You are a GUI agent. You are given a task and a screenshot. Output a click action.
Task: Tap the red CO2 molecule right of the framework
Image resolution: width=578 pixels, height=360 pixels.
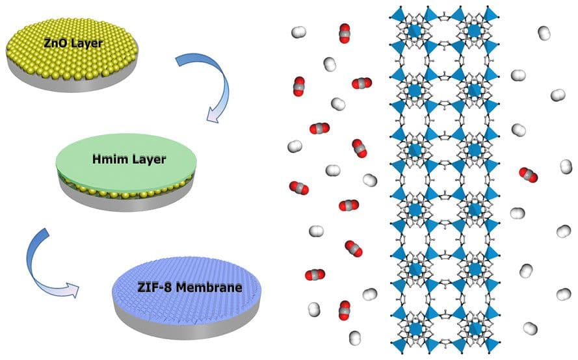[x=529, y=174]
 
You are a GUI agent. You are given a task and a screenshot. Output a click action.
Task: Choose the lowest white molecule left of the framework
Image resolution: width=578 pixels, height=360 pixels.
[x=355, y=337]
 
